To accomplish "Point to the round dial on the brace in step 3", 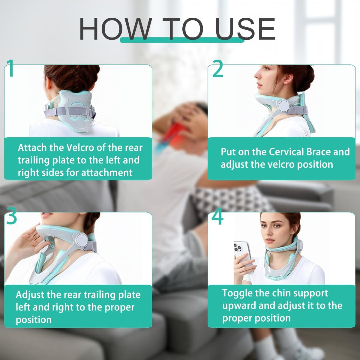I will (x=82, y=239).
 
